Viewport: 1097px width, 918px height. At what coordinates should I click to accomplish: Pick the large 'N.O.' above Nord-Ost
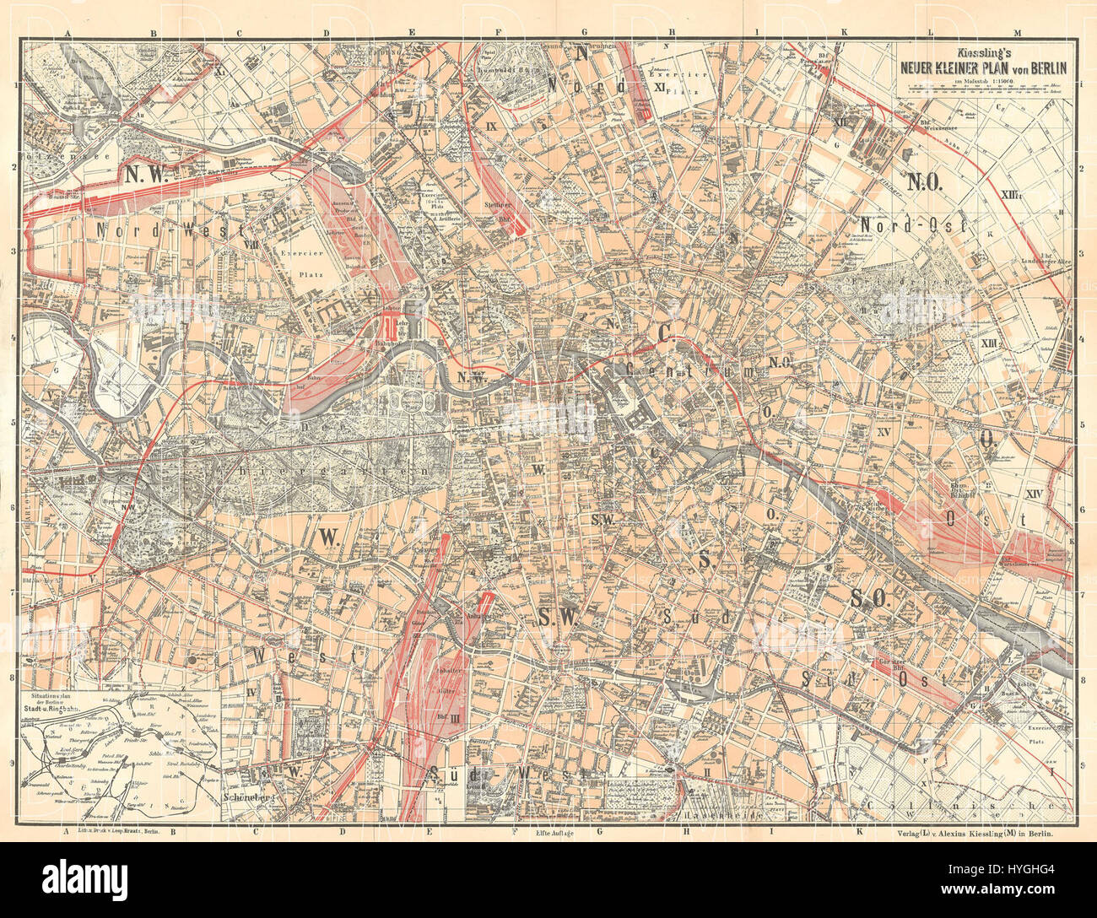[930, 181]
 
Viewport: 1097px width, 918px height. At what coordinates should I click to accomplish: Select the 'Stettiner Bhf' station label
[505, 211]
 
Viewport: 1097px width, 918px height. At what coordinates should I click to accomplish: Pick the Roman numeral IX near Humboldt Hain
[493, 126]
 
